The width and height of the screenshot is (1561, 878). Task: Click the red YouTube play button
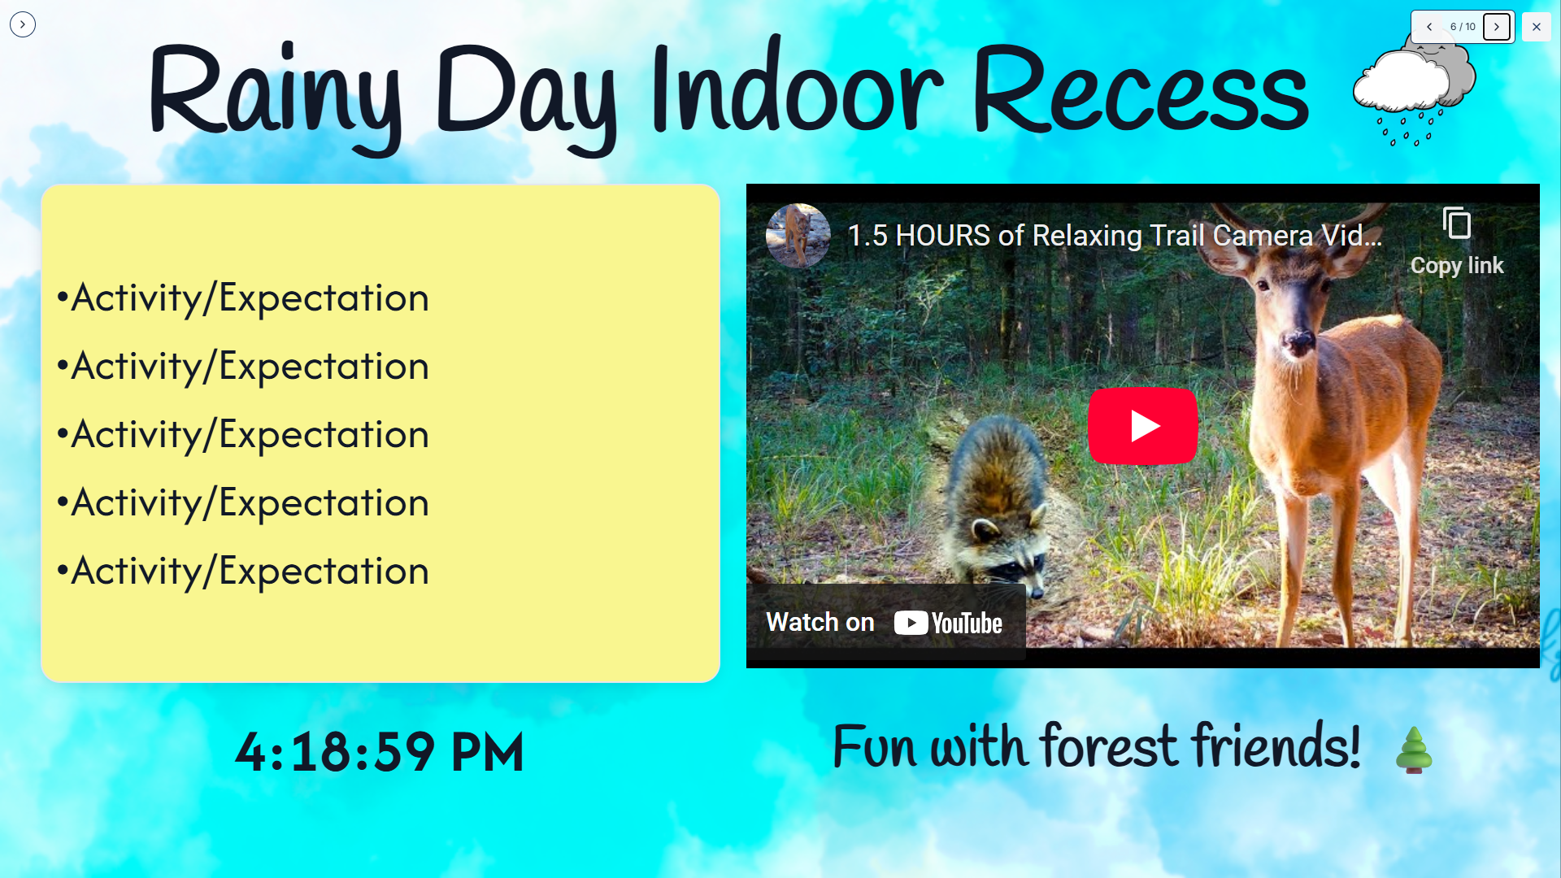[1142, 426]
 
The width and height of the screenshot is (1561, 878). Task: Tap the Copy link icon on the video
[1456, 224]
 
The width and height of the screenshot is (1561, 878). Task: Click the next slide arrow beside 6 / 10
[1496, 27]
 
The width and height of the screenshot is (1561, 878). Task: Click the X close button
[1536, 27]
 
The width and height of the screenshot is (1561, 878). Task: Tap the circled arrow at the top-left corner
[23, 24]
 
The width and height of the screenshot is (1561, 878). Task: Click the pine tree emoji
[1414, 750]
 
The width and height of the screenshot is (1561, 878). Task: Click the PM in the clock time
[487, 752]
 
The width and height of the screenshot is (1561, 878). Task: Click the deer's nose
[1298, 340]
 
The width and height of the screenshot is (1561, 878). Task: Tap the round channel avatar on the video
[798, 236]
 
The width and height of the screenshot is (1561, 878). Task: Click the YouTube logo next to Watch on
[948, 623]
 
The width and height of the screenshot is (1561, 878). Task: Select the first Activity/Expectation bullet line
[242, 298]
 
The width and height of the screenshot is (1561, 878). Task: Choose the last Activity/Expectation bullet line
[242, 572]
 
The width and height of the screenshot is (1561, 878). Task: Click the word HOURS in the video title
[942, 236]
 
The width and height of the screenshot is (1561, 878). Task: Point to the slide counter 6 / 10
[1463, 27]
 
